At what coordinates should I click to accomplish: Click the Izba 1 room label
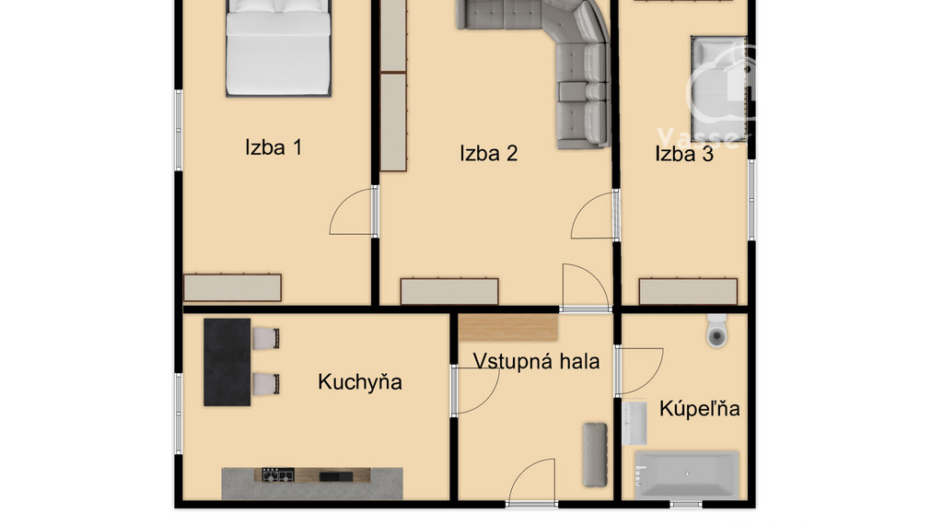(273, 147)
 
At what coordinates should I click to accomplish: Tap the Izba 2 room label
(488, 154)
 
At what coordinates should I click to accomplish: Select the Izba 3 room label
(683, 154)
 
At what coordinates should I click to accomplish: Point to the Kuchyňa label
(359, 382)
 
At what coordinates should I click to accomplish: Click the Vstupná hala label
(536, 361)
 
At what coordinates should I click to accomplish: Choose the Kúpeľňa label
(699, 408)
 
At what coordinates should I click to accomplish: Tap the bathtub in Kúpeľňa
(686, 474)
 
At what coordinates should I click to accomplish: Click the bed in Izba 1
(278, 51)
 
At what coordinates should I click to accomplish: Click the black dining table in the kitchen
(227, 362)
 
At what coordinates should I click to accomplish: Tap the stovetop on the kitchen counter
(276, 476)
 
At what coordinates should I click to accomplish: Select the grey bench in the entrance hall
(595, 454)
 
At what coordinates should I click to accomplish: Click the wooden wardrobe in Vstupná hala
(508, 327)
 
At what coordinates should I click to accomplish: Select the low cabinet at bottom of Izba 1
(232, 287)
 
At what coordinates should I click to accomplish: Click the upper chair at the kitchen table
(266, 338)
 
